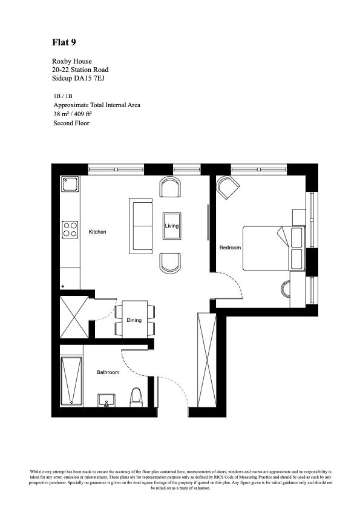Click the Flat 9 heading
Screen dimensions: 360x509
(x=64, y=42)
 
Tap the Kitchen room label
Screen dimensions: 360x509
(x=97, y=232)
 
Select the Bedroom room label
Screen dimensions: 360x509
(x=230, y=248)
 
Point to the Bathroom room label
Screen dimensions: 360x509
(x=108, y=372)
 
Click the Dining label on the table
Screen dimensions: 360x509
(x=134, y=320)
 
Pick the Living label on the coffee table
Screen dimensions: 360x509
(x=171, y=226)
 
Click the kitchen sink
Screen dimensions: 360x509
(x=70, y=184)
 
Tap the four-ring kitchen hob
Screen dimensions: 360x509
(x=70, y=229)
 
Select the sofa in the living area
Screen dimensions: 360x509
(x=140, y=226)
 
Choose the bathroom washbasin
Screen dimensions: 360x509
(x=106, y=400)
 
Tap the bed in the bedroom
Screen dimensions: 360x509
(x=273, y=248)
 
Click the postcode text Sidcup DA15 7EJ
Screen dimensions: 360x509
(x=78, y=78)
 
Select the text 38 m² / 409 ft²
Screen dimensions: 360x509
(x=73, y=114)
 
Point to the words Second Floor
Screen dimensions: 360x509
(x=71, y=123)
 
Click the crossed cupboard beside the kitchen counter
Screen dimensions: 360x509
(x=74, y=317)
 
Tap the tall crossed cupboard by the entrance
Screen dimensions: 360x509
(x=207, y=360)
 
